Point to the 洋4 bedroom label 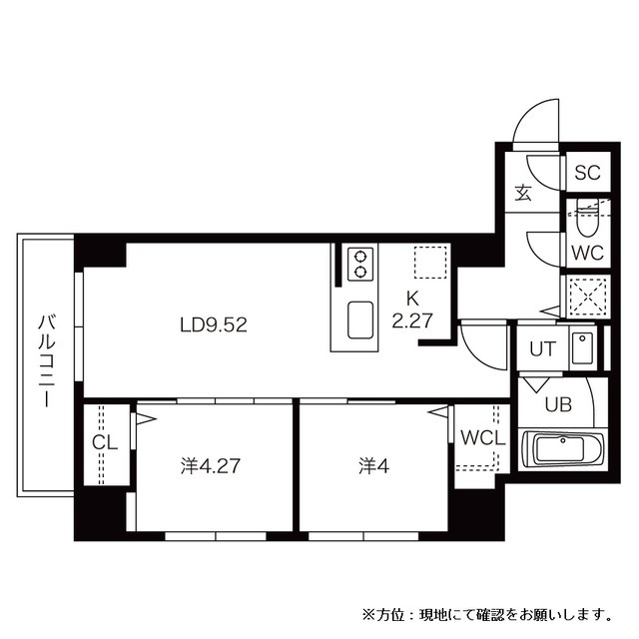[374, 465]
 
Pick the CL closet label [105, 442]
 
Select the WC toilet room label [587, 252]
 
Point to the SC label [586, 172]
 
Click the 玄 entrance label [523, 193]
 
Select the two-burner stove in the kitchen [358, 264]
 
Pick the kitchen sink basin [359, 320]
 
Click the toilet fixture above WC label [586, 215]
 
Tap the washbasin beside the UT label [582, 348]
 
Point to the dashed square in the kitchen [427, 262]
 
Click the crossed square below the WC [586, 296]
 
